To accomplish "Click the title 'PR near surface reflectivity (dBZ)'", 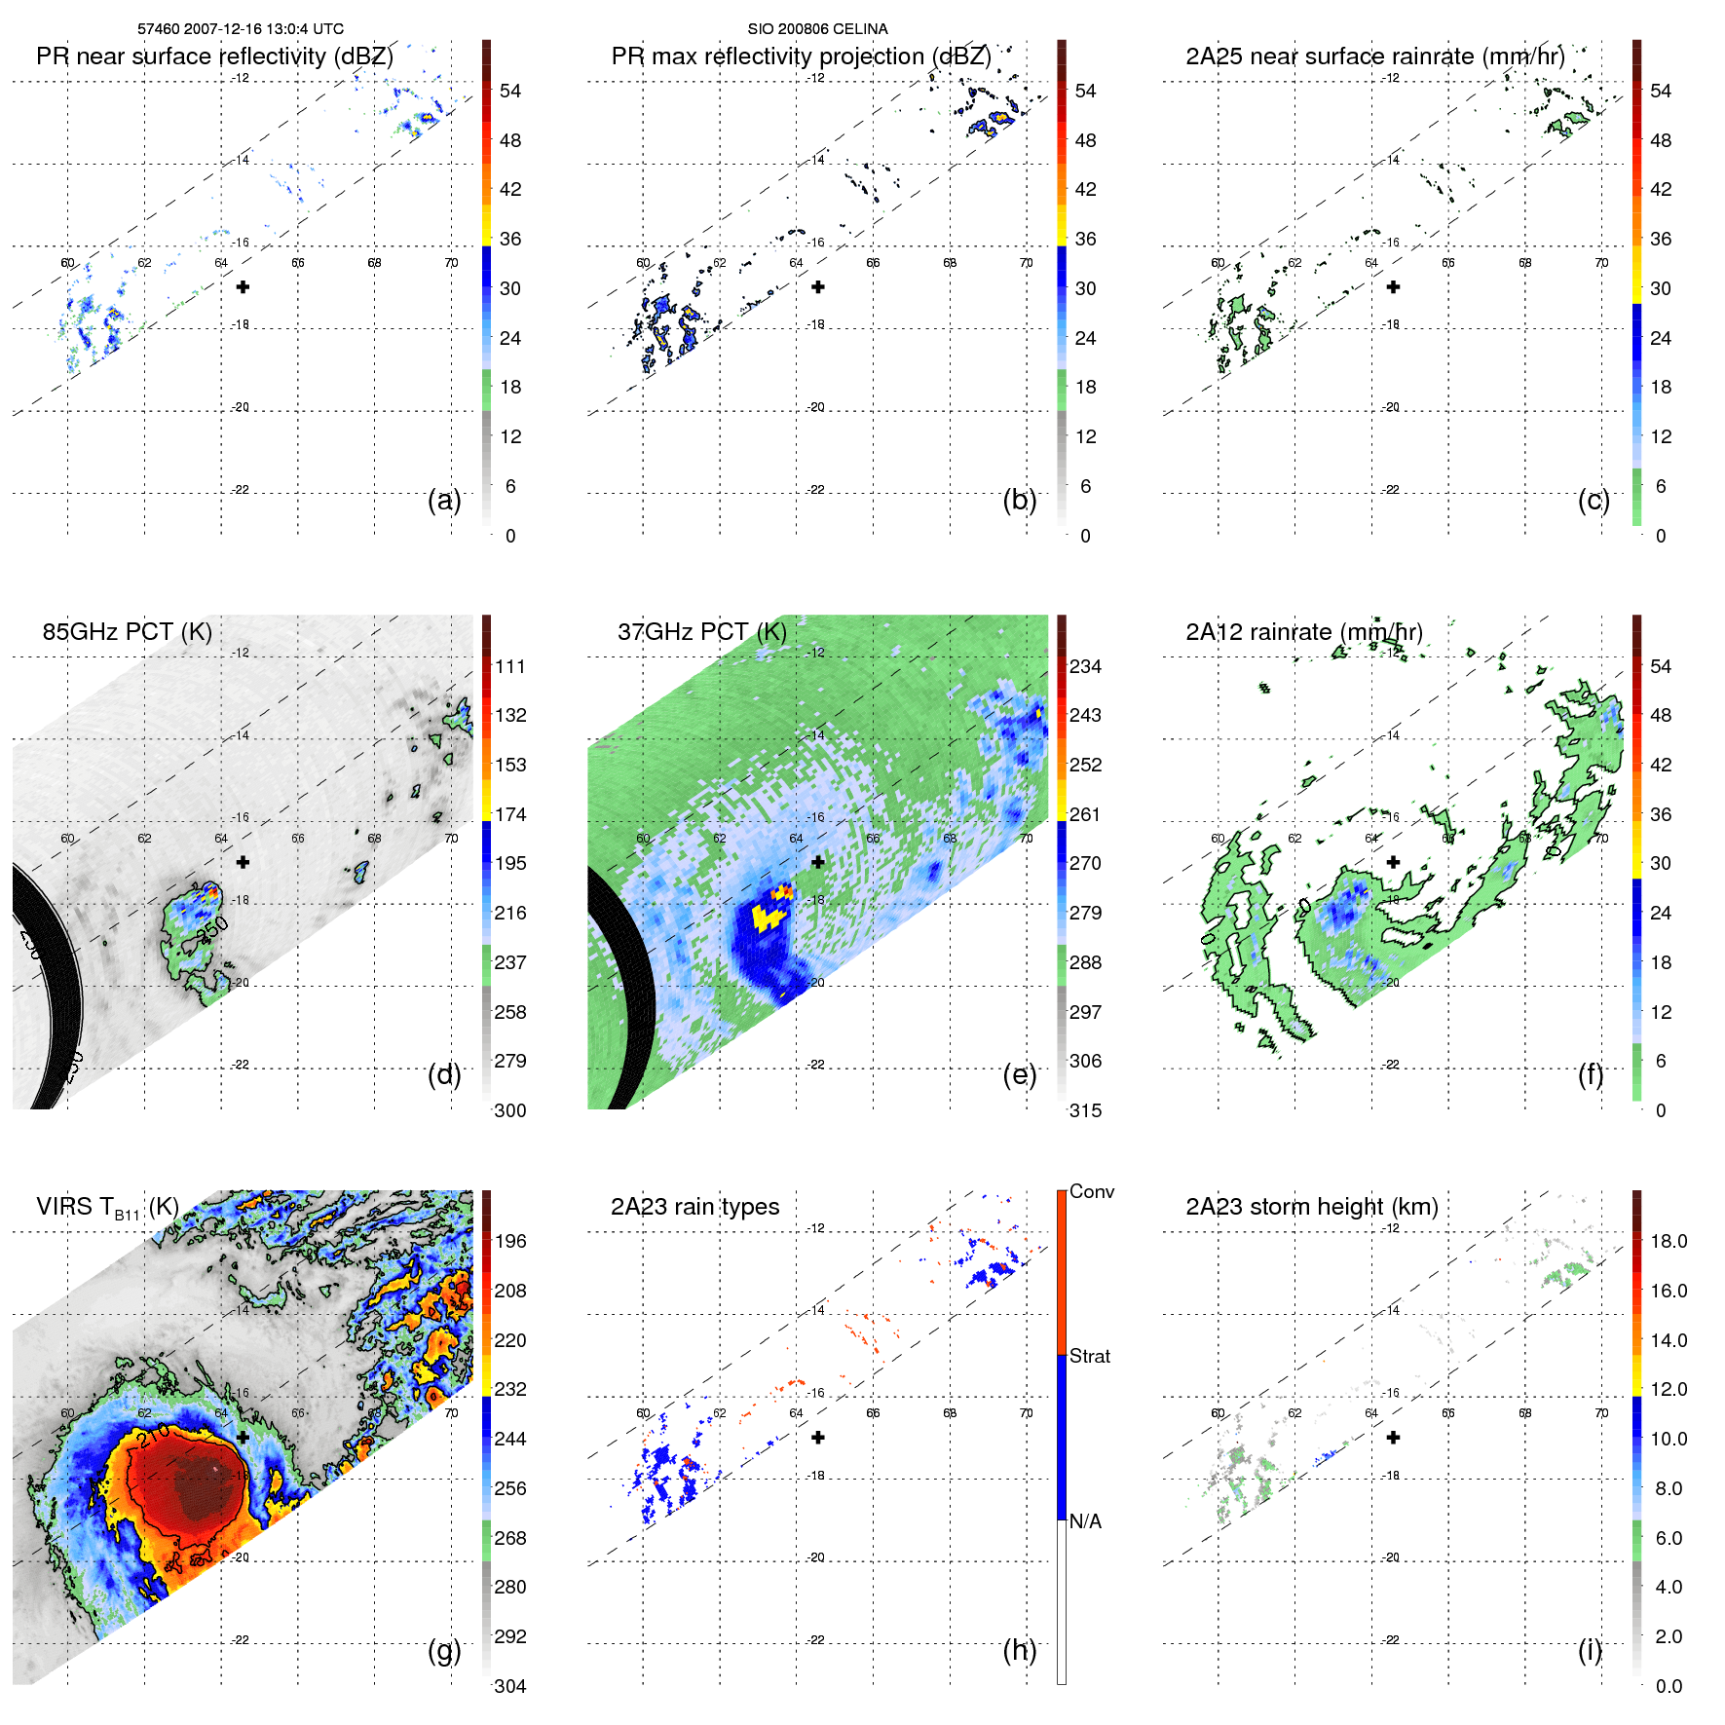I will coord(214,56).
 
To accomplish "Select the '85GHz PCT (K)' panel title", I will coord(127,632).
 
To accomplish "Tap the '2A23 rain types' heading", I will coord(694,1207).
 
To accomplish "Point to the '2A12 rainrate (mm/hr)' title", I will coord(1303,632).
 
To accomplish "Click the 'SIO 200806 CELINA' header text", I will coord(817,29).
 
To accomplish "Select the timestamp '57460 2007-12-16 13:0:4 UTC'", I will coord(240,29).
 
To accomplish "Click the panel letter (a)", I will coord(444,500).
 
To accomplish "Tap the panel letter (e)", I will coord(1019,1074).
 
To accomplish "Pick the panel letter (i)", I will coord(1590,1650).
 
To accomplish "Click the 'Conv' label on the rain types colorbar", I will coord(1091,1191).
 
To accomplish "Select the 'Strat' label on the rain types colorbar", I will coord(1089,1356).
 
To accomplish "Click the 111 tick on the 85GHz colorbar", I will coord(510,666).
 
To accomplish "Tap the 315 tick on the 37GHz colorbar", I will coord(1085,1110).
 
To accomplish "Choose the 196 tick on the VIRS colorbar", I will coord(510,1241).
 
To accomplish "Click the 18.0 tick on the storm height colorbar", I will coord(1668,1241).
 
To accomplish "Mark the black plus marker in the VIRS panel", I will coord(243,1437).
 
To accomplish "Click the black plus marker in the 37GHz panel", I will coord(818,862).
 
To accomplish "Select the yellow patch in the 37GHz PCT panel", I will coord(768,917).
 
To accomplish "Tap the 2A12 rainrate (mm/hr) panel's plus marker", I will coord(1393,862).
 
